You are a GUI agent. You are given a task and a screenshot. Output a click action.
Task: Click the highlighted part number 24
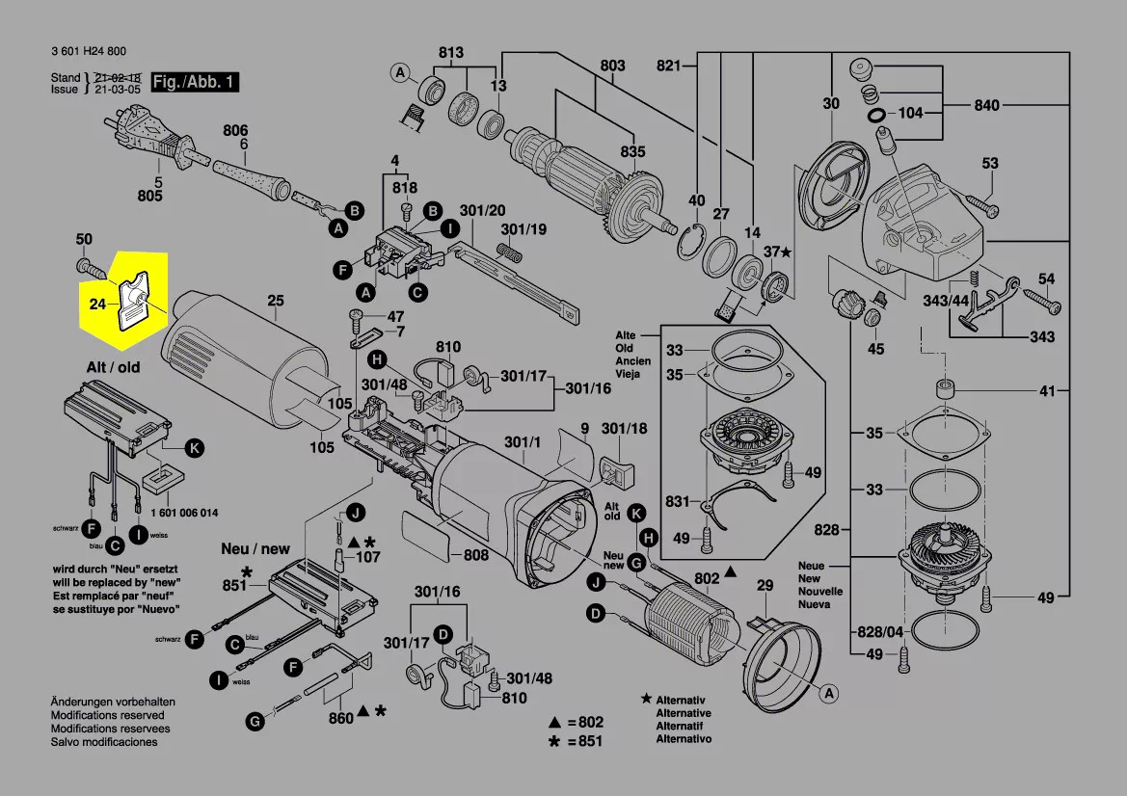pyautogui.click(x=96, y=305)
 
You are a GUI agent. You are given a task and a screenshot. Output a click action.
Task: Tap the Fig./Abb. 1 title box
pyautogui.click(x=195, y=82)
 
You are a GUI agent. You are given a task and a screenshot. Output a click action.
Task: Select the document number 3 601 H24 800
pyautogui.click(x=88, y=52)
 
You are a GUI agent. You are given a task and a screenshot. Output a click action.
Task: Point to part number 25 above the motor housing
pyautogui.click(x=276, y=302)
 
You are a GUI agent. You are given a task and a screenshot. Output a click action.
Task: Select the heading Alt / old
pyautogui.click(x=113, y=367)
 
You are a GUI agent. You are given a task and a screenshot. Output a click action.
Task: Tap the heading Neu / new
pyautogui.click(x=255, y=548)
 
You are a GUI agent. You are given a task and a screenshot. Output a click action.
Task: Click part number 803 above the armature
pyautogui.click(x=612, y=66)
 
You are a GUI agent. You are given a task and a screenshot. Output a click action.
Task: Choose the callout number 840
pyautogui.click(x=986, y=105)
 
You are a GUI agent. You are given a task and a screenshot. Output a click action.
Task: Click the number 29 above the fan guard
pyautogui.click(x=765, y=586)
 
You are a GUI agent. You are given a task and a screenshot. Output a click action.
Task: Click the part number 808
pyautogui.click(x=476, y=555)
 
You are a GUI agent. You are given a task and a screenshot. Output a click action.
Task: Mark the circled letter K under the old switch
pyautogui.click(x=194, y=448)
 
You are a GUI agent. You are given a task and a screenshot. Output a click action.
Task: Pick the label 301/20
pyautogui.click(x=482, y=211)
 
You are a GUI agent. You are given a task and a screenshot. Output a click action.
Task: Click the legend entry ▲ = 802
pyautogui.click(x=576, y=722)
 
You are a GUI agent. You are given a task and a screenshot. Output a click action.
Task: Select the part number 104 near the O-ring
pyautogui.click(x=910, y=113)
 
